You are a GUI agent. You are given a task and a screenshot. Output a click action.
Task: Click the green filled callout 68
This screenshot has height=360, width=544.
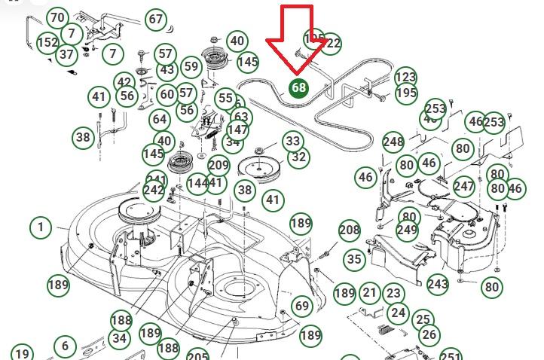click(x=299, y=87)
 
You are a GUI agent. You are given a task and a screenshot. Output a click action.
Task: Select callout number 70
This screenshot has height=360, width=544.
click(x=57, y=17)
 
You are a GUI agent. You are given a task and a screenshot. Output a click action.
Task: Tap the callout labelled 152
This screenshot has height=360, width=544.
click(x=47, y=43)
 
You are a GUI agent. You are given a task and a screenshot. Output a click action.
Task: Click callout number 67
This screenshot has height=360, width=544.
click(x=155, y=19)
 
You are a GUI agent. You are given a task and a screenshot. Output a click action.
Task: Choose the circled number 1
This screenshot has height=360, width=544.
click(x=40, y=227)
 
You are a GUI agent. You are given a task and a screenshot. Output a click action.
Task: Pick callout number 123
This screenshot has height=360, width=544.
click(x=405, y=77)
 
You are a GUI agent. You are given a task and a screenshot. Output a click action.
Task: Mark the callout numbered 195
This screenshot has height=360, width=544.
click(x=406, y=93)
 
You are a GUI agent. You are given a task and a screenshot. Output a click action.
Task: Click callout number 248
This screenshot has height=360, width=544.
click(x=393, y=142)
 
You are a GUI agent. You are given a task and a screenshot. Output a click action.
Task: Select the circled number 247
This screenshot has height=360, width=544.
click(x=464, y=186)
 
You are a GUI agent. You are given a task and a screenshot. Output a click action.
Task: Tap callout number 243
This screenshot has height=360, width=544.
click(x=437, y=284)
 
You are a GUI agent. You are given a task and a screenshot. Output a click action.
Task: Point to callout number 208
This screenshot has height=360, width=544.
click(x=350, y=230)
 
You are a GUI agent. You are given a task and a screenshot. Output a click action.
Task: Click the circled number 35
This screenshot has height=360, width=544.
click(x=354, y=260)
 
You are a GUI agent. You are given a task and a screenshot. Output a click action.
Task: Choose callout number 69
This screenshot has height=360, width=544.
click(x=301, y=305)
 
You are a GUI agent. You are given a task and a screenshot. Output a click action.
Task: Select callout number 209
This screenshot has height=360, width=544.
click(x=219, y=166)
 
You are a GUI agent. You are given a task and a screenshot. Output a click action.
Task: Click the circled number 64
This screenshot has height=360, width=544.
click(x=159, y=119)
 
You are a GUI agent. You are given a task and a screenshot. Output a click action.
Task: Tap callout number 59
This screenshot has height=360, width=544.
click(x=191, y=66)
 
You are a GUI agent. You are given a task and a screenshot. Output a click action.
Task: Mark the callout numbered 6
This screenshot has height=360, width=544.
click(x=66, y=346)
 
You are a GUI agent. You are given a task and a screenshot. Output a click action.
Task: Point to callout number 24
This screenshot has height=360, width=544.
click(x=398, y=313)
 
